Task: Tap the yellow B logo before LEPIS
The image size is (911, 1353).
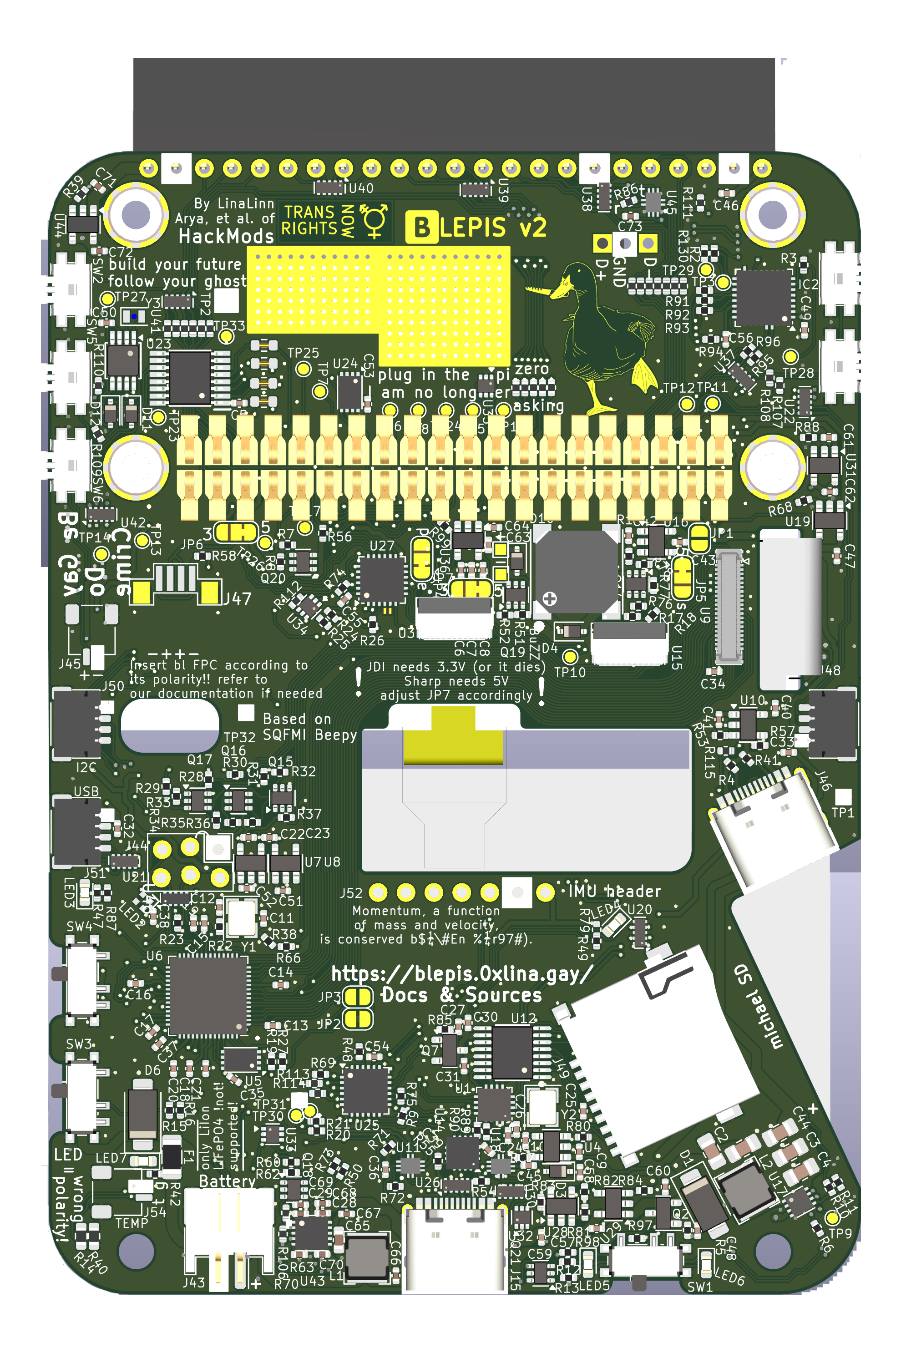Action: [x=422, y=227]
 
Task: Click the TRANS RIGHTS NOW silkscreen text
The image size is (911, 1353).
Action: [x=319, y=220]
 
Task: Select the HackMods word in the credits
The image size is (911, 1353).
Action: [x=226, y=236]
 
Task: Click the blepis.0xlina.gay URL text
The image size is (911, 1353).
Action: [x=462, y=973]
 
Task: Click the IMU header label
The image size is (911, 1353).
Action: [x=614, y=891]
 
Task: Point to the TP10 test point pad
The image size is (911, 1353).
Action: [x=571, y=657]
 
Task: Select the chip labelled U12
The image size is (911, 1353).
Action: [x=512, y=1053]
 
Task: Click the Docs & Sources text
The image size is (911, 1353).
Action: [x=461, y=995]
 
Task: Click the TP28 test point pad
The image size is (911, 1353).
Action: [x=790, y=356]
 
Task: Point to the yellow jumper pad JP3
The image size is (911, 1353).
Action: [x=358, y=997]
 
